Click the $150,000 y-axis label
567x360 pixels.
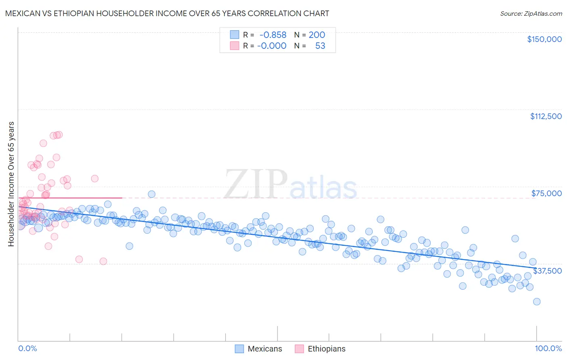point(544,39)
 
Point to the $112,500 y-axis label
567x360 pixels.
point(545,116)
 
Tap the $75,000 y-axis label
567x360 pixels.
point(546,193)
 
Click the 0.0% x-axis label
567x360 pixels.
point(27,348)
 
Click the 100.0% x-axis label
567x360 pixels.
point(548,348)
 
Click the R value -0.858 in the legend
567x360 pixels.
point(273,35)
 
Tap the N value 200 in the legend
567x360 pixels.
point(317,35)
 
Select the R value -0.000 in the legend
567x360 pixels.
point(272,46)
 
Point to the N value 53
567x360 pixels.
point(320,46)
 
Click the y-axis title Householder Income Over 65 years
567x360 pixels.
point(11,184)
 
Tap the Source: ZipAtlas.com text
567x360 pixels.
point(531,13)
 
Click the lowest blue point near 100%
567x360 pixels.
point(536,301)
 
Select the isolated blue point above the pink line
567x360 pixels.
point(152,194)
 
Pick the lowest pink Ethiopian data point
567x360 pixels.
point(103,261)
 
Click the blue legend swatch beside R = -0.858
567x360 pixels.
point(234,35)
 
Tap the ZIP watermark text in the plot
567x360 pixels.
point(256,184)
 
